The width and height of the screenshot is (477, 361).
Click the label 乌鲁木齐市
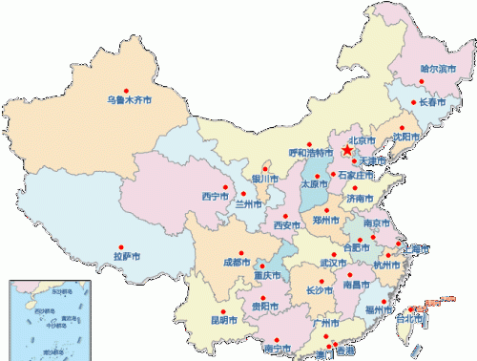point(129,98)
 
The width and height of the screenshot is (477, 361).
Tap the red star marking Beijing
point(346,151)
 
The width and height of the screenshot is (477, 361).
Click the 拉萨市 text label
point(127,256)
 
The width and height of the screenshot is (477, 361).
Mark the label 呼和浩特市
point(310,152)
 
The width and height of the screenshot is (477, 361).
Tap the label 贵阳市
point(265,307)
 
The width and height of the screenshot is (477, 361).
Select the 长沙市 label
point(320,289)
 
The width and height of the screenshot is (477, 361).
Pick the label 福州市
point(379,308)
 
